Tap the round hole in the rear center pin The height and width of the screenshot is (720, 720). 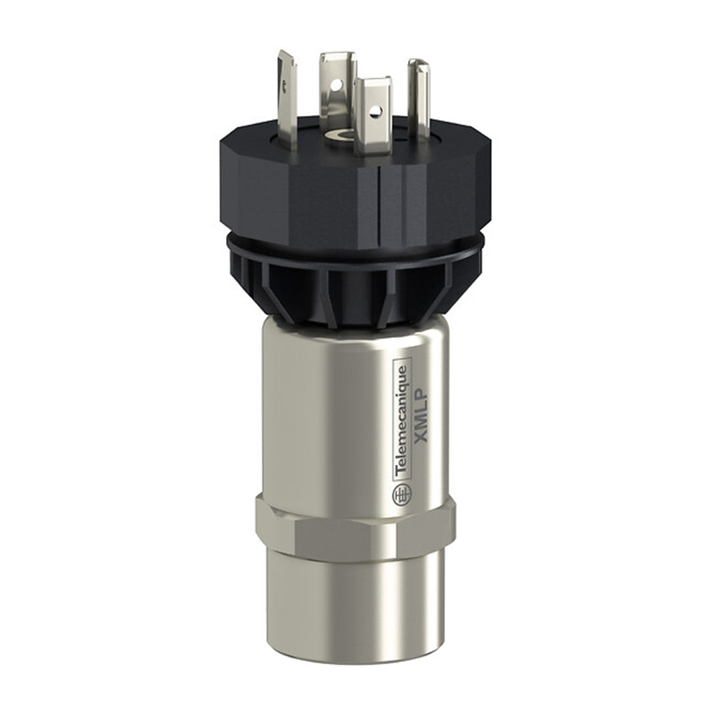[x=337, y=84]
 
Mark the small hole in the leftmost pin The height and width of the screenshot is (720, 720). [x=286, y=85]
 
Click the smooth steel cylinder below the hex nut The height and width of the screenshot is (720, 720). [x=347, y=600]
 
